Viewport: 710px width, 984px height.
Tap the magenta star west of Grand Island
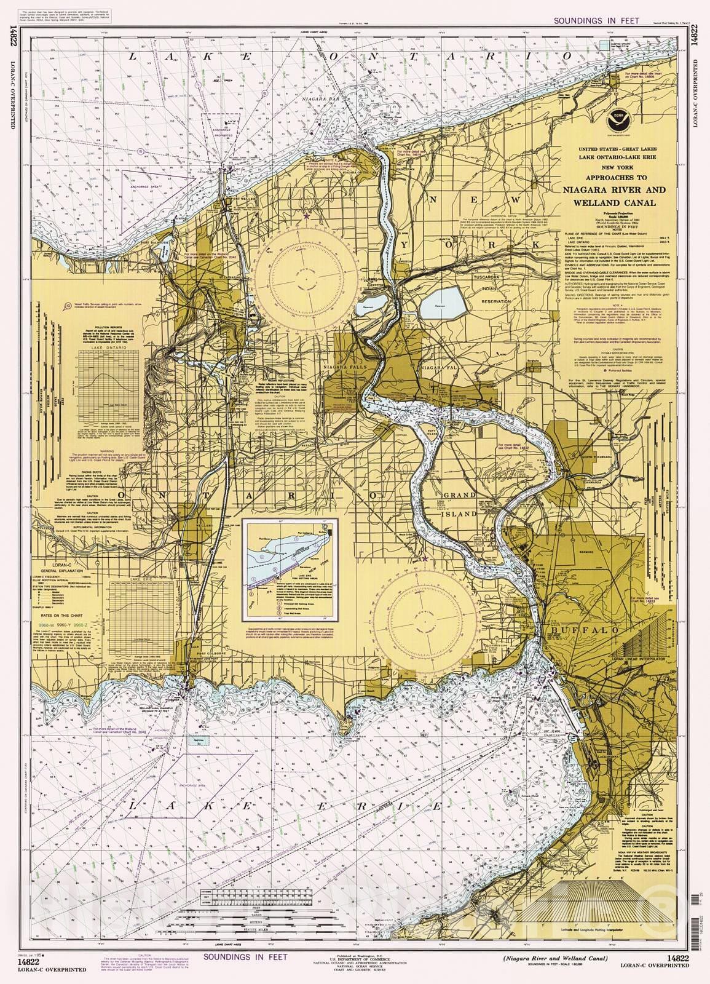tap(424, 558)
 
